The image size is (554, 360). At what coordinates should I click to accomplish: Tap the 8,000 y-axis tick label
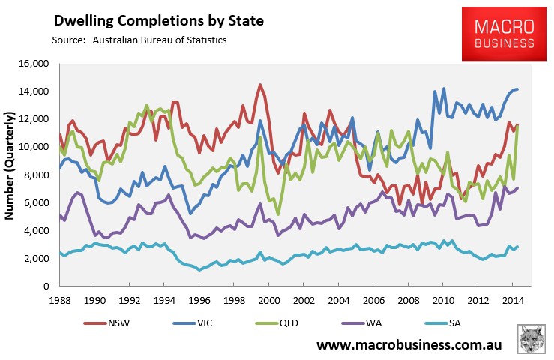point(40,175)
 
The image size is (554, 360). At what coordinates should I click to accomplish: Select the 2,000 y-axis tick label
point(40,259)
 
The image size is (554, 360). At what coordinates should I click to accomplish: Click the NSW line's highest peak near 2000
point(259,85)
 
